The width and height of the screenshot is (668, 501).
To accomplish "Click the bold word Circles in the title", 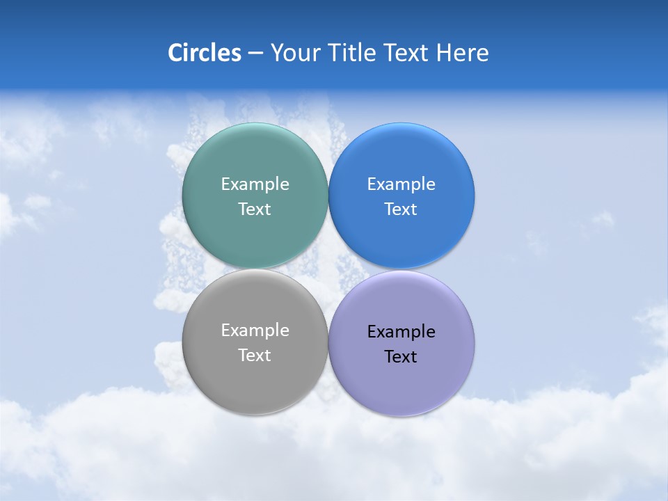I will (205, 53).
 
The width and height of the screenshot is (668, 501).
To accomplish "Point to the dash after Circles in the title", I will (255, 54).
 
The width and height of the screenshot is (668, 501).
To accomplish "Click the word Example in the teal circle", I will (255, 184).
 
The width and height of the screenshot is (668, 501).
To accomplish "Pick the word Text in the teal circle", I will (255, 209).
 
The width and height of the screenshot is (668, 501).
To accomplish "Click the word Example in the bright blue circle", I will (401, 184).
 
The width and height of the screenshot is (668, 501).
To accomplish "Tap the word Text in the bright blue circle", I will (401, 209).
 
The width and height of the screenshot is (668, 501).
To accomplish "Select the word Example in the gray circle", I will (255, 331).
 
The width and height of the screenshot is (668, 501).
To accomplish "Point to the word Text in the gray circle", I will (255, 356).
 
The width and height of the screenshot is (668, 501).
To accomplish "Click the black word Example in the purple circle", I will (401, 332).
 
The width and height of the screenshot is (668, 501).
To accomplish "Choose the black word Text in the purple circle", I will (401, 357).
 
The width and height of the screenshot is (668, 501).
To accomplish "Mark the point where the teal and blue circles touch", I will (328, 196).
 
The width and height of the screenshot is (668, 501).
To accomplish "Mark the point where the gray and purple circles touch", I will (328, 342).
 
